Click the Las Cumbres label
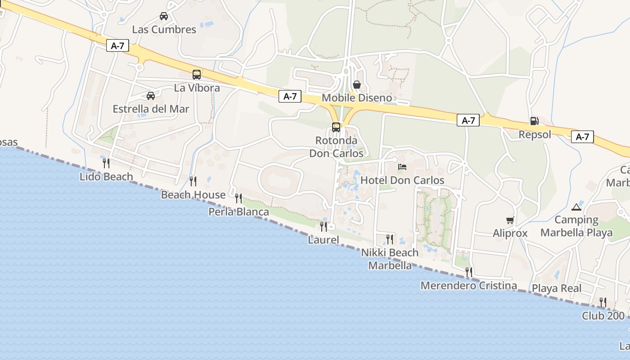164,30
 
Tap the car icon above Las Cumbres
164,16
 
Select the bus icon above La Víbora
197,75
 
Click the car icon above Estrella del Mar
151,95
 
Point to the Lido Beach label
106,177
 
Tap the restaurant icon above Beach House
193,181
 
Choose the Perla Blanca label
238,212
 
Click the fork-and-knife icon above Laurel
324,226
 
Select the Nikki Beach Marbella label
390,259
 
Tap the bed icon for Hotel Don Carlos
402,167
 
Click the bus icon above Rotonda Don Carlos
336,127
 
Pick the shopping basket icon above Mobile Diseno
357,85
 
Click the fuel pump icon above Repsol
535,121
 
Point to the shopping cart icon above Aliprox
510,220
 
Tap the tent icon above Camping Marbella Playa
576,207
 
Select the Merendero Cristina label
468,286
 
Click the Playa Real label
557,288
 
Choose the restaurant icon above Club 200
603,302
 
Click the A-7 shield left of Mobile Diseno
290,96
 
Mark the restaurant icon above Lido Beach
106,163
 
